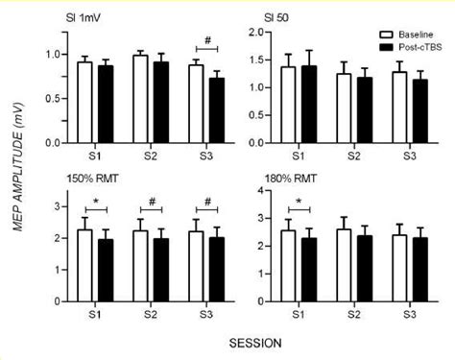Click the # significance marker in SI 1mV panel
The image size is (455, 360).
point(206,40)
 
